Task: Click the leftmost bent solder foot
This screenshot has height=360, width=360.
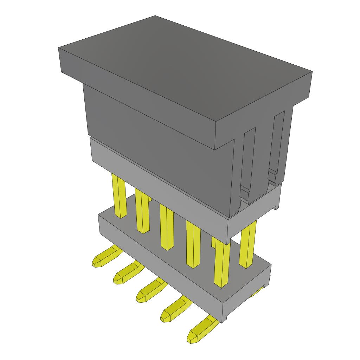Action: point(104,256)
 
